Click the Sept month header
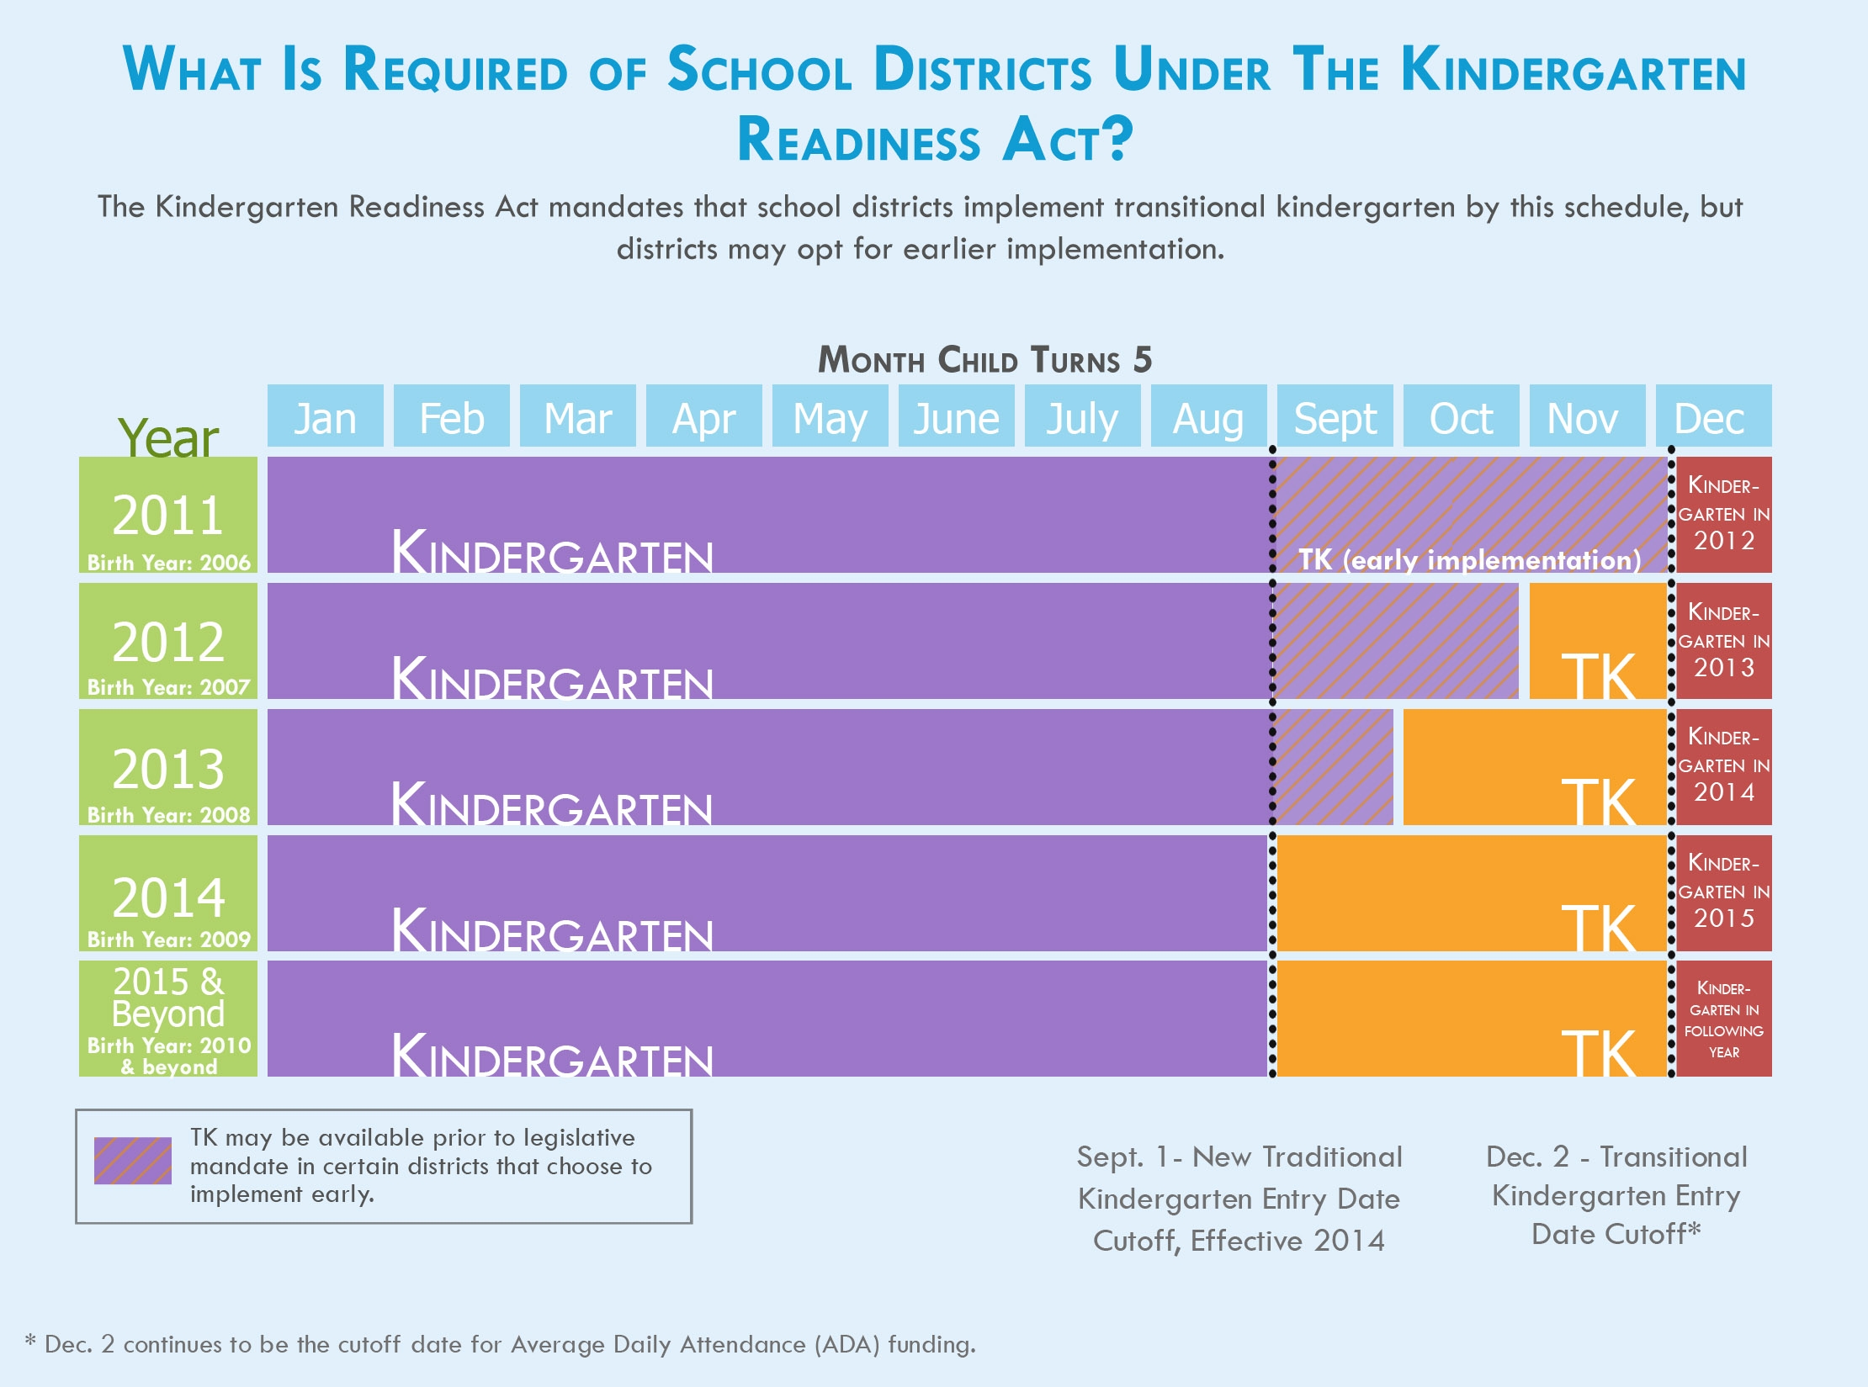[x=1335, y=417]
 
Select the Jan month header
[x=325, y=417]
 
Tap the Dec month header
[x=1712, y=417]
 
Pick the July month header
[x=1082, y=417]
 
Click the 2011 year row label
[x=168, y=515]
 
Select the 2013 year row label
[x=168, y=767]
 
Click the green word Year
[x=168, y=437]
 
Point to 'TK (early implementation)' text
[x=1469, y=560]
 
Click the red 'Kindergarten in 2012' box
[x=1723, y=515]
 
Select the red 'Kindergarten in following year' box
[x=1723, y=1019]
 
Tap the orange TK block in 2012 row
[x=1597, y=641]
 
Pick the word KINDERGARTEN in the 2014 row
[x=552, y=930]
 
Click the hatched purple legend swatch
[x=133, y=1161]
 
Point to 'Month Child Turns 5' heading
[x=984, y=360]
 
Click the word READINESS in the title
[x=858, y=140]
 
